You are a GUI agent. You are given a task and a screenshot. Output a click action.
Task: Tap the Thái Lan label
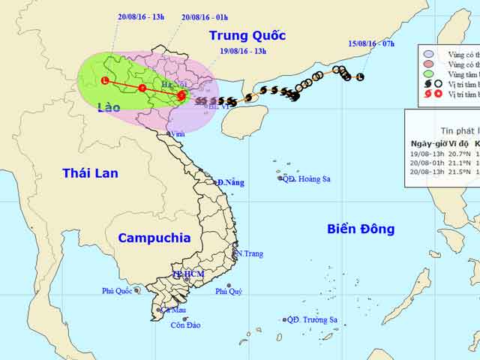click(x=90, y=173)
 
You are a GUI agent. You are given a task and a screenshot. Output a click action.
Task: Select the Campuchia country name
click(x=154, y=238)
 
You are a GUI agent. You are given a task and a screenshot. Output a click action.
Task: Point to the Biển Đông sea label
click(x=361, y=229)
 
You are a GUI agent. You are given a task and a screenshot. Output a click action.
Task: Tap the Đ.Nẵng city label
click(x=232, y=183)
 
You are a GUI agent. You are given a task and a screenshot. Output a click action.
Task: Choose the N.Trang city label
click(x=249, y=253)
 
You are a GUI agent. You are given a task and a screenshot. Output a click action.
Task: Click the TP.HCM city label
click(x=187, y=274)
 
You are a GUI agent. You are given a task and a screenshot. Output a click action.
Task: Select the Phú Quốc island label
click(x=118, y=291)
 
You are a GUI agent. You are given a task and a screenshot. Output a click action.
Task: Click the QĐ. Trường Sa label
click(x=312, y=320)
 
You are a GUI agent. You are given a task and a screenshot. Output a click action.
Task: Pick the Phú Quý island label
click(x=229, y=292)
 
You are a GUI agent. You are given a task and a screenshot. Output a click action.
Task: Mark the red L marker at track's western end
click(x=104, y=80)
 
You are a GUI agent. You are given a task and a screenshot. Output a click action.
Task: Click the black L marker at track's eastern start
click(x=360, y=76)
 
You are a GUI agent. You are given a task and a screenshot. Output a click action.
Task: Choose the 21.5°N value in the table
click(x=463, y=172)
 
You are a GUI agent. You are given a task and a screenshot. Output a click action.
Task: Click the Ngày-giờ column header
click(x=430, y=143)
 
